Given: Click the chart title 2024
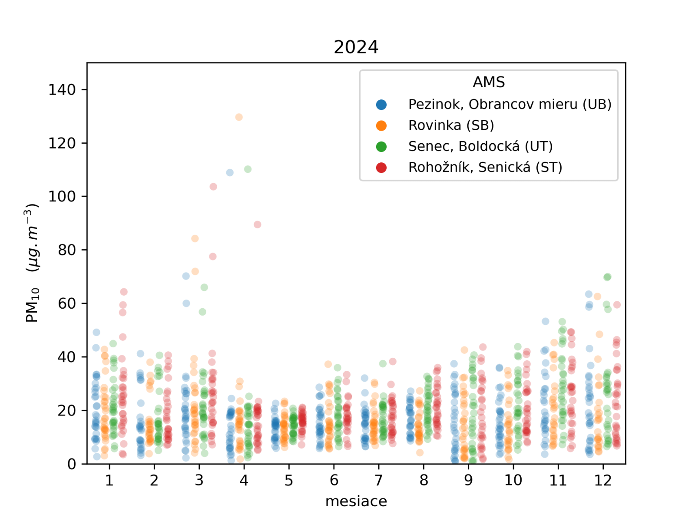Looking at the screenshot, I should click(x=356, y=47).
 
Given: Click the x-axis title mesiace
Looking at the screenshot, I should click(x=356, y=501).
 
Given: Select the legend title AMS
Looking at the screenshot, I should click(x=489, y=82).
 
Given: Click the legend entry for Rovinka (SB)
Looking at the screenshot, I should click(x=451, y=125).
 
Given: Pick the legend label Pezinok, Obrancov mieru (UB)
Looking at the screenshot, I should click(x=510, y=104).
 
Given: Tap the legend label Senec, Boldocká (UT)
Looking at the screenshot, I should click(x=480, y=146).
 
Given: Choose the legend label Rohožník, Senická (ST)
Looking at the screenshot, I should click(x=485, y=167).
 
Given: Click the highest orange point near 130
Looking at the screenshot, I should click(x=239, y=117).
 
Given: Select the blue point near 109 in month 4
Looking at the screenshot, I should click(x=230, y=173).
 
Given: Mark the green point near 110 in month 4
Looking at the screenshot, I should click(x=248, y=169).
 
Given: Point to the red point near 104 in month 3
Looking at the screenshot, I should click(x=213, y=187).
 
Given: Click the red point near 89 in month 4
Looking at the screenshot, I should click(x=258, y=224).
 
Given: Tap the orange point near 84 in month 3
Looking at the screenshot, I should click(x=195, y=238).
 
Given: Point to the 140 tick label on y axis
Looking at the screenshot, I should click(x=62, y=90).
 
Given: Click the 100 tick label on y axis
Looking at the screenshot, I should click(x=62, y=197).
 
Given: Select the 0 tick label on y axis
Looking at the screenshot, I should click(x=71, y=464).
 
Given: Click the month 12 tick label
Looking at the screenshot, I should click(x=603, y=481).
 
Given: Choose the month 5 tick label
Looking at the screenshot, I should click(x=289, y=481).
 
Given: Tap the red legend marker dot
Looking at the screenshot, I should click(x=381, y=168).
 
